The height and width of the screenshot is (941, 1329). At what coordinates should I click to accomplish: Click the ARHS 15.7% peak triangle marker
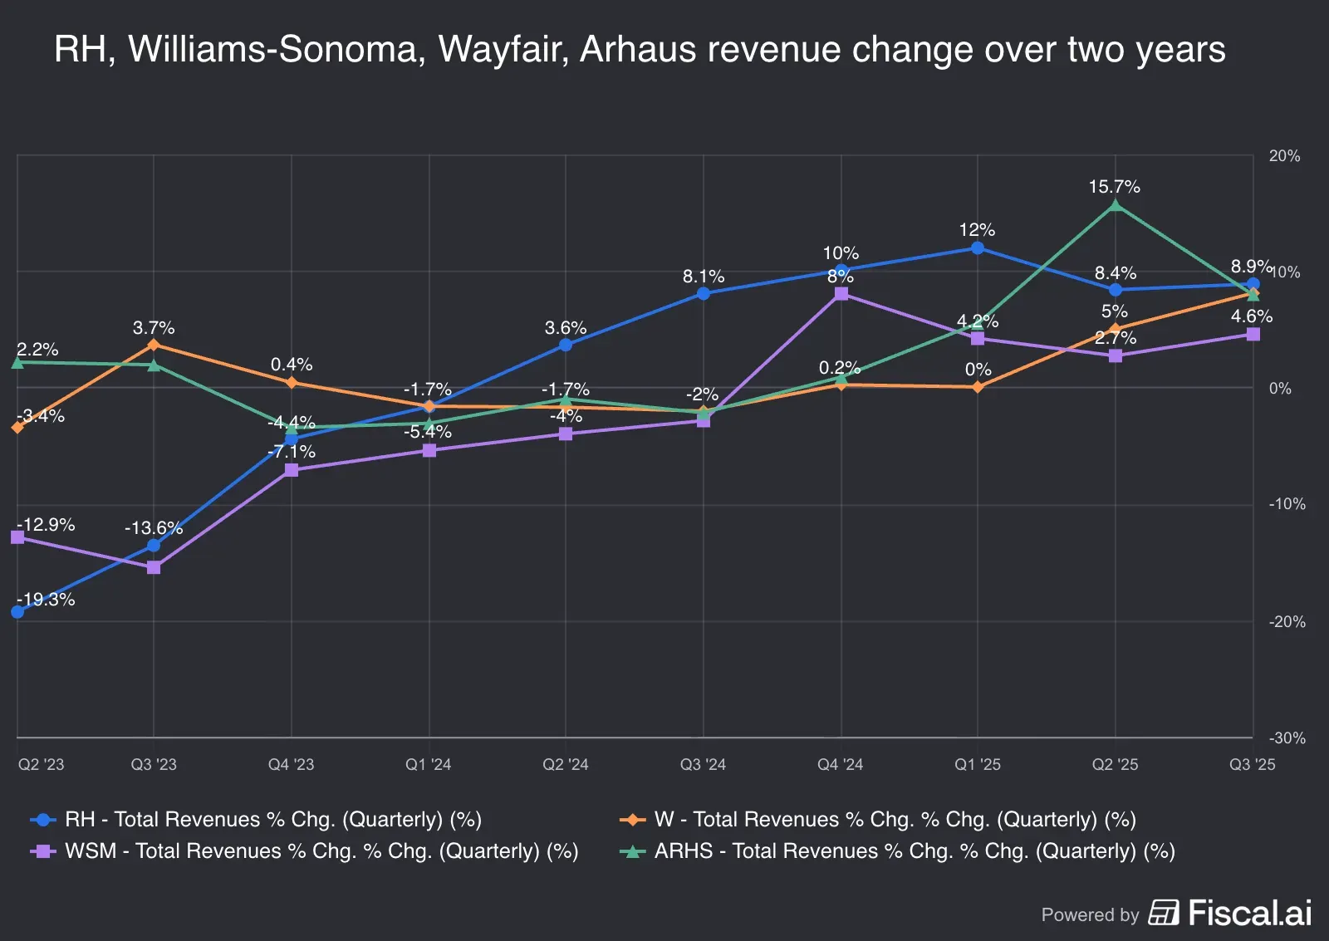pos(1115,205)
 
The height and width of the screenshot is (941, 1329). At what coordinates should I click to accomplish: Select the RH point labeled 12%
pos(978,248)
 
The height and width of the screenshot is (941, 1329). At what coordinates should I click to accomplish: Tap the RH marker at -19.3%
pos(17,612)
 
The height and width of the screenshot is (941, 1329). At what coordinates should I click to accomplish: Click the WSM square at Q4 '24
pos(841,293)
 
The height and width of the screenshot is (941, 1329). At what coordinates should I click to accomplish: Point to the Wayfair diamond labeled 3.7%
pos(154,344)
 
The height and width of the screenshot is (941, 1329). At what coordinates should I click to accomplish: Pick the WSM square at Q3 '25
pos(1253,334)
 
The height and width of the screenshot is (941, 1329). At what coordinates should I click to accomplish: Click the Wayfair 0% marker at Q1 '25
pos(978,387)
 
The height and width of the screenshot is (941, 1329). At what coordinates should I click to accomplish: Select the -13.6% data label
pos(153,528)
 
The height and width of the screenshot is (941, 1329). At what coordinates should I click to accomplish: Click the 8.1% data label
pos(704,277)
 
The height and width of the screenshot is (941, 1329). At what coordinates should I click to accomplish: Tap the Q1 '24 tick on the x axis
pos(428,764)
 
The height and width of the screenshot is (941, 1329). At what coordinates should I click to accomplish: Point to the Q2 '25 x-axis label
pos(1115,764)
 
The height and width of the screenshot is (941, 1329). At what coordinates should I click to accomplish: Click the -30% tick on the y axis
pos(1287,738)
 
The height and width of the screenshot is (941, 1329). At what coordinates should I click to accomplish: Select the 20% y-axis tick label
pos(1284,156)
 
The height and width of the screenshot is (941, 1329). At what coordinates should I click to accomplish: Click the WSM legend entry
pos(306,851)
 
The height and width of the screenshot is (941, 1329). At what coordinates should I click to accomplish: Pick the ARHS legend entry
pos(899,851)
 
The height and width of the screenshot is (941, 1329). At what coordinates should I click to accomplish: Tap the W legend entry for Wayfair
pos(879,820)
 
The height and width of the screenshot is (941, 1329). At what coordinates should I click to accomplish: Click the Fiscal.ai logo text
pos(1249,913)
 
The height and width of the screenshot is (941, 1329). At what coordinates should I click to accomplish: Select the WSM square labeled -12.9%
pos(17,537)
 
